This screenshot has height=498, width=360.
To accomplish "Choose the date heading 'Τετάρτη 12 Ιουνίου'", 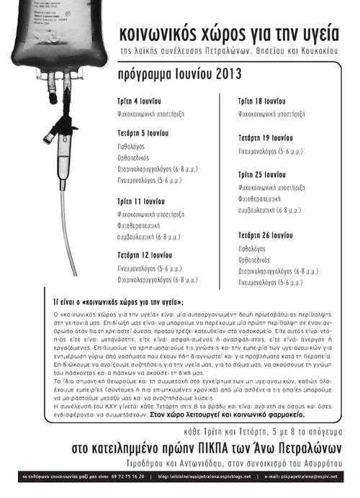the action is pos(148,254).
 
